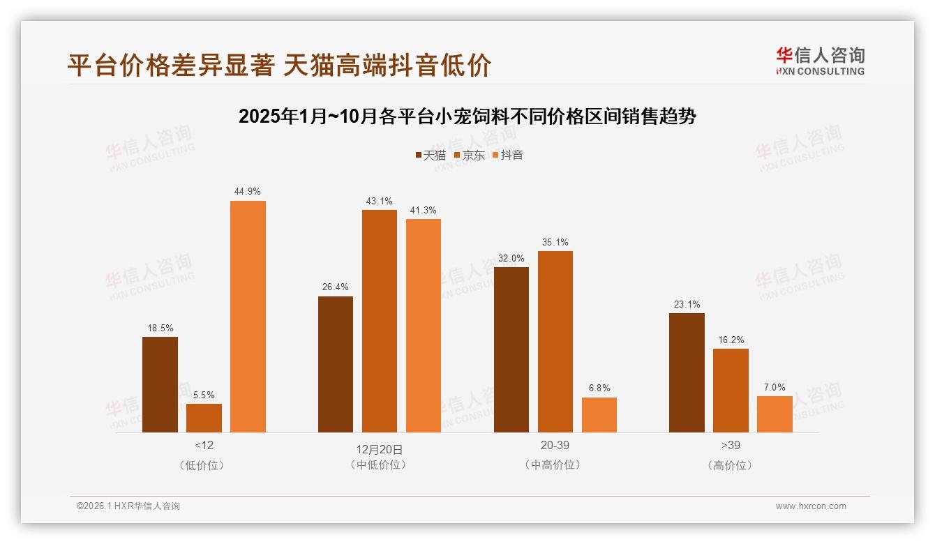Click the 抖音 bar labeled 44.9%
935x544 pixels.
click(248, 317)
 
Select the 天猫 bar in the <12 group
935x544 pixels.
click(160, 384)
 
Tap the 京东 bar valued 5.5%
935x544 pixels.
click(204, 418)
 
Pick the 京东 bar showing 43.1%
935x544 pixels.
click(379, 321)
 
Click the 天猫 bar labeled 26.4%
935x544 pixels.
click(336, 364)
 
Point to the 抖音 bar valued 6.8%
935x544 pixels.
click(599, 415)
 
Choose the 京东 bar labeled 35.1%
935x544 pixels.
click(555, 342)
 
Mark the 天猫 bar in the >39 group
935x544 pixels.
click(687, 372)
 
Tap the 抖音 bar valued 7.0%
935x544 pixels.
click(775, 414)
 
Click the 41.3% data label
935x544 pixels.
click(424, 210)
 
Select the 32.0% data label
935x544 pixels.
click(511, 258)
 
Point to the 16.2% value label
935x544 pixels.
click(731, 340)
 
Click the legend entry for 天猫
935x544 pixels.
click(431, 155)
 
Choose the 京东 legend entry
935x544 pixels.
click(469, 155)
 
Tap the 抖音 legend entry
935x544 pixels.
click(508, 155)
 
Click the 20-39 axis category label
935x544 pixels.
click(555, 445)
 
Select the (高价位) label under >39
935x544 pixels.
click(731, 465)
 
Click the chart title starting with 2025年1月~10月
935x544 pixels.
click(467, 116)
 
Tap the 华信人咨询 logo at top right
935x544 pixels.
click(820, 61)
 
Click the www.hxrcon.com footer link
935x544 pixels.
click(810, 506)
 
